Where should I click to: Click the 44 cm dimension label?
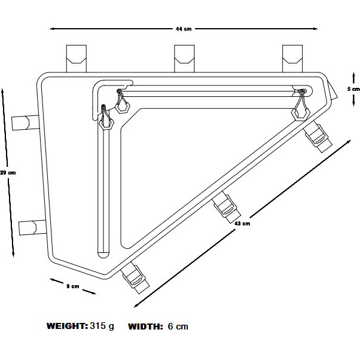point(184,29)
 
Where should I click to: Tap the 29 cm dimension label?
point(8,172)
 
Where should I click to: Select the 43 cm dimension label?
point(242,224)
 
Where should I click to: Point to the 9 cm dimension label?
point(72,286)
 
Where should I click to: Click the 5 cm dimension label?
point(353,89)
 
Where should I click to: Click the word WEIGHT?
point(67,326)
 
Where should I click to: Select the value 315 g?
point(102,327)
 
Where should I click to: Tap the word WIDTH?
point(145,327)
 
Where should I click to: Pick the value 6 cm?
point(178,327)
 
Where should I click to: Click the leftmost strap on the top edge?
point(77,59)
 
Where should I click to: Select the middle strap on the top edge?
point(184,59)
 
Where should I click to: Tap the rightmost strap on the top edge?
point(292,59)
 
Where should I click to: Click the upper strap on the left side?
point(25,123)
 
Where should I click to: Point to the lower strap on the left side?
point(33,227)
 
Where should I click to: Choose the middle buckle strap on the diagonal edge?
point(226,208)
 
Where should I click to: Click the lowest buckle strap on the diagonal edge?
point(135,278)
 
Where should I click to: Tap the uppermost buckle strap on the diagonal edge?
point(318,138)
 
